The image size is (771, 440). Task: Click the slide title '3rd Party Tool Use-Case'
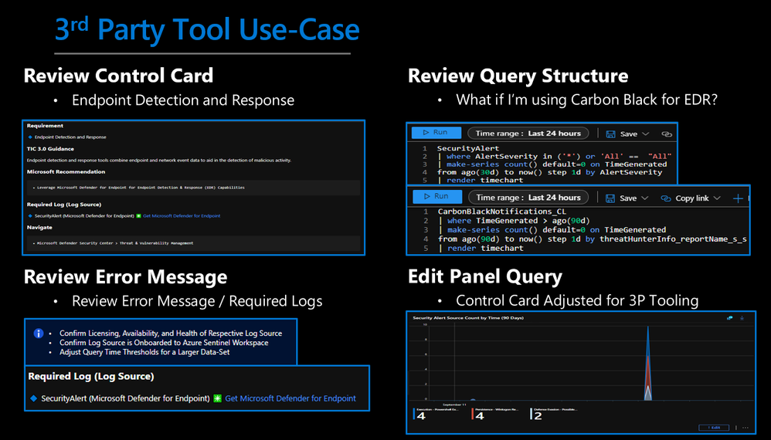coord(206,29)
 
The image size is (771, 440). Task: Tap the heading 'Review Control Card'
coord(118,76)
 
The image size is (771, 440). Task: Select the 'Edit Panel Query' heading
coord(485,276)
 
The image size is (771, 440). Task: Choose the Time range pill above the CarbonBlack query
coord(528,198)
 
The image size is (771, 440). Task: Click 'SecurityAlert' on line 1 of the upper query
coord(468,148)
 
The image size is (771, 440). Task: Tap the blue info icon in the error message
coord(38,334)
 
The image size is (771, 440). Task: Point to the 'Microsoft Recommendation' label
coord(66,171)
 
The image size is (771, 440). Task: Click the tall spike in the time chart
coord(648,363)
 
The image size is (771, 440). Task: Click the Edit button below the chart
coord(711,427)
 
